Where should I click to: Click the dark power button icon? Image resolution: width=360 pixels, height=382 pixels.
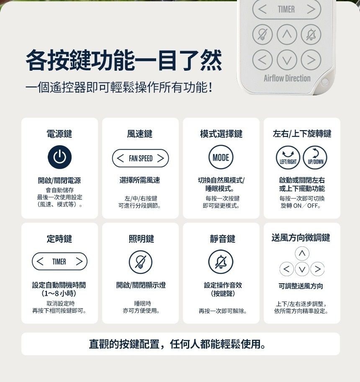[60, 157]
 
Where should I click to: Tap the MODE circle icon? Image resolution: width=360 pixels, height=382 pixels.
[221, 157]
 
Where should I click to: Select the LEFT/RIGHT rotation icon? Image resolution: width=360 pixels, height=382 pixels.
[288, 158]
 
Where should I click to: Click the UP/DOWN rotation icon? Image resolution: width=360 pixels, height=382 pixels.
[315, 158]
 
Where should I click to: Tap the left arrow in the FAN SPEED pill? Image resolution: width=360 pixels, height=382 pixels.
[120, 158]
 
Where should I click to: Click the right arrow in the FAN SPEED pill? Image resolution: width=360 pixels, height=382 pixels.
[160, 158]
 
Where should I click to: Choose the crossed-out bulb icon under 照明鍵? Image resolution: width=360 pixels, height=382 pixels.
[140, 262]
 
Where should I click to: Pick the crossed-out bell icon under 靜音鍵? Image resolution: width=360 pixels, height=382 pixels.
[221, 262]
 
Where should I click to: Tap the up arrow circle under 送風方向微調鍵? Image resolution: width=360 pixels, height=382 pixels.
[302, 254]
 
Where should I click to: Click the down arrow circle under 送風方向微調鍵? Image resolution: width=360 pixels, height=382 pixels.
[302, 269]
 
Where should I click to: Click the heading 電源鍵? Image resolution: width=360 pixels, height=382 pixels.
[59, 134]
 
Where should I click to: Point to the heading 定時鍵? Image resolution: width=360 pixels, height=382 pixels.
[59, 239]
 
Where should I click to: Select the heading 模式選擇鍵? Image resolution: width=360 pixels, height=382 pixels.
[221, 134]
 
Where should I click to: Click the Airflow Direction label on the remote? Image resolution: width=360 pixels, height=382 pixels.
[287, 78]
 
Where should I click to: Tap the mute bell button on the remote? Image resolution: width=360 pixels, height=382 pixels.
[311, 35]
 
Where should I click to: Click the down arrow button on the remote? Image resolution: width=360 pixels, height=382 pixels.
[287, 60]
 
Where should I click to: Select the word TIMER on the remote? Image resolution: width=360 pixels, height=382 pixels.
[286, 10]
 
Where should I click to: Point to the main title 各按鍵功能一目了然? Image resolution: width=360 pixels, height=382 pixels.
[124, 60]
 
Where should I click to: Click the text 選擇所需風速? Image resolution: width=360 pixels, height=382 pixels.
[140, 180]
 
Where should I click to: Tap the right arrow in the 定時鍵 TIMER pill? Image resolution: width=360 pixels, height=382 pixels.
[79, 262]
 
